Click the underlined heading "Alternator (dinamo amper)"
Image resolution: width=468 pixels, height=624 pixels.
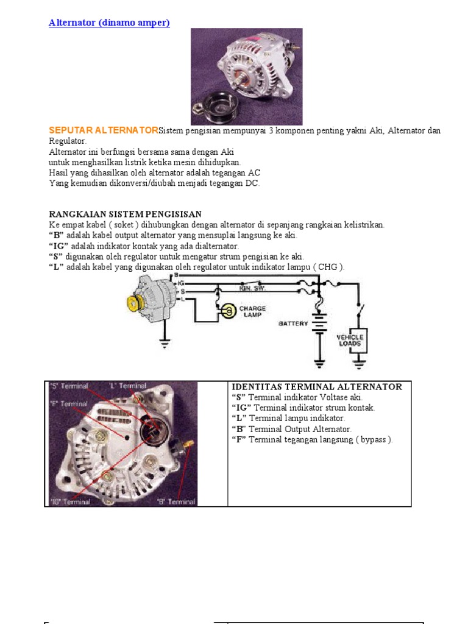(x=109, y=23)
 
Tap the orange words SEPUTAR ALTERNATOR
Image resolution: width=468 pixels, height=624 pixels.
(x=103, y=130)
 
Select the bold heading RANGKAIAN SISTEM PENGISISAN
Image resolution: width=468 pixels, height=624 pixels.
(x=125, y=214)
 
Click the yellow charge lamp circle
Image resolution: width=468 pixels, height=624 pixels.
(x=228, y=311)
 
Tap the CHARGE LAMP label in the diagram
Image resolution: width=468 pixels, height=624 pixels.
(x=252, y=311)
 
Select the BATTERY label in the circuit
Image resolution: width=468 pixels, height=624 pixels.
(x=293, y=324)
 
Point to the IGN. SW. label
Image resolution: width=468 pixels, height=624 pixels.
(x=253, y=287)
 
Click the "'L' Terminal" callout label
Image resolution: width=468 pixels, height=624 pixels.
(x=128, y=386)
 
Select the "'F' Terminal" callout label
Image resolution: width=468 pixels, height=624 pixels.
(x=68, y=403)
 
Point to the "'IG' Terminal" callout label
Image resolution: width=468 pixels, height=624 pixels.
(x=70, y=502)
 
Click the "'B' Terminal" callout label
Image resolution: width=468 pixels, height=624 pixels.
(x=176, y=502)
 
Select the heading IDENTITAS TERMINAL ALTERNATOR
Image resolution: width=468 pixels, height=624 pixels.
(x=317, y=387)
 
